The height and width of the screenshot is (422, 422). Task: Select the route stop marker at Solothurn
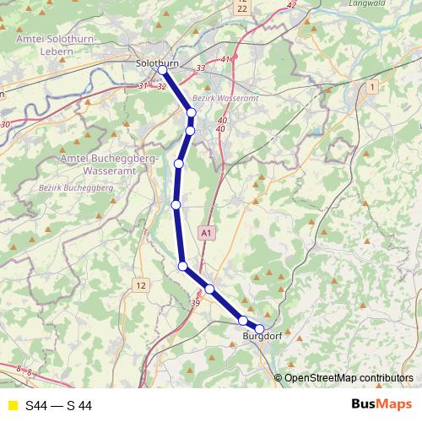(x=162, y=70)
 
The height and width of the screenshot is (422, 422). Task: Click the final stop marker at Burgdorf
(x=260, y=329)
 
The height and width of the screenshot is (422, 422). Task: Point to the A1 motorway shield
(x=208, y=231)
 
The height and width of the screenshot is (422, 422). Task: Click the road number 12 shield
(x=140, y=286)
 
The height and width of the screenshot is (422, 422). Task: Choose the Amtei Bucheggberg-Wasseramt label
(x=102, y=164)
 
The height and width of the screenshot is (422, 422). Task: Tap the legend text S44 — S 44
(x=58, y=406)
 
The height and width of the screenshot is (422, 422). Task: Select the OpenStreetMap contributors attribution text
(x=348, y=378)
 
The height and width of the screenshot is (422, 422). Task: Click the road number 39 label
(x=196, y=303)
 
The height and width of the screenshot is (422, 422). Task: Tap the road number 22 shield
(x=242, y=8)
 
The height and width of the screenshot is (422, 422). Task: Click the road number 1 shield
(x=371, y=87)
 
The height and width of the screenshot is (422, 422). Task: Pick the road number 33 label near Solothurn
(x=200, y=68)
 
